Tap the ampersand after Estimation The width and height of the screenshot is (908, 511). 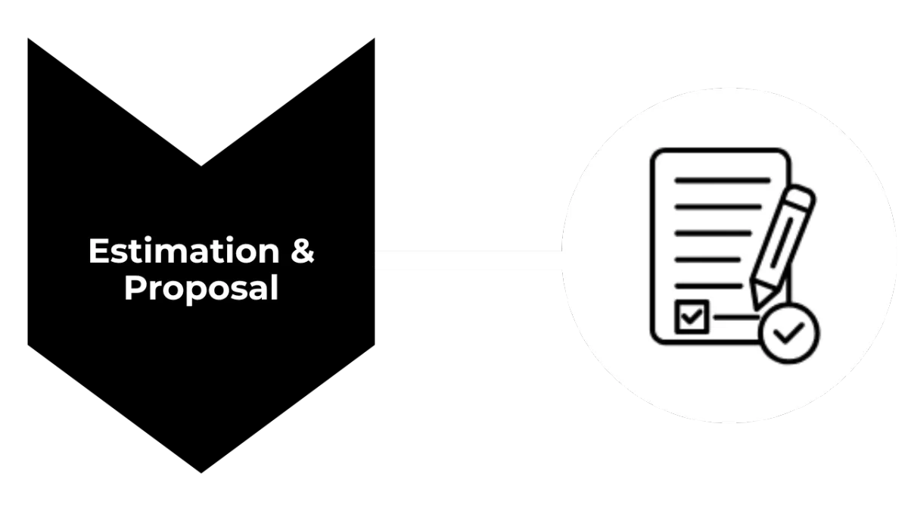[303, 251]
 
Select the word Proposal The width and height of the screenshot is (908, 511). [201, 288]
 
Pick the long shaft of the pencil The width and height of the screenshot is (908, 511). [778, 247]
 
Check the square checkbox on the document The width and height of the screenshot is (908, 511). [692, 316]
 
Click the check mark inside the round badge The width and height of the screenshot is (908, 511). [790, 332]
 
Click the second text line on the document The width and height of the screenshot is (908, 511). [717, 206]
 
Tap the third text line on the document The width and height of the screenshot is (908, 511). [713, 232]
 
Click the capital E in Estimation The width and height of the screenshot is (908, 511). [97, 251]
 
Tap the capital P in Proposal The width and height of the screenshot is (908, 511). [133, 288]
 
